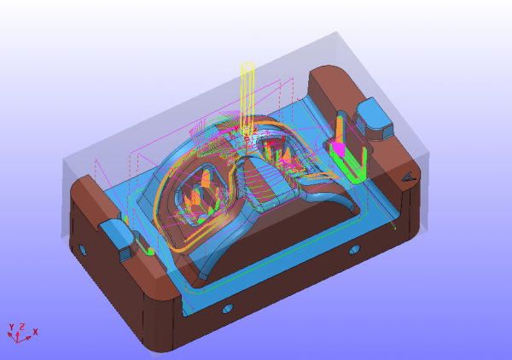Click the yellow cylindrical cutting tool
[247, 98]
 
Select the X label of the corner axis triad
[35, 332]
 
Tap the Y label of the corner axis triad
[11, 328]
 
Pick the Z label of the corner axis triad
[22, 327]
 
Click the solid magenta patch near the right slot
[339, 149]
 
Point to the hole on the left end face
[83, 250]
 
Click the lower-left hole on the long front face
[228, 308]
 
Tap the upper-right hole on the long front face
[355, 250]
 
